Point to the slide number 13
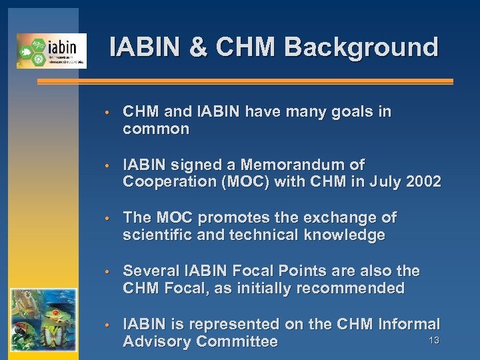click(434, 341)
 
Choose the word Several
click(148, 271)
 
